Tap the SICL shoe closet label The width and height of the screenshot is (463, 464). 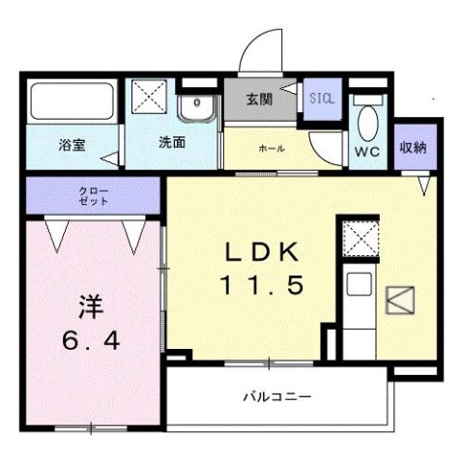[x=321, y=98]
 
